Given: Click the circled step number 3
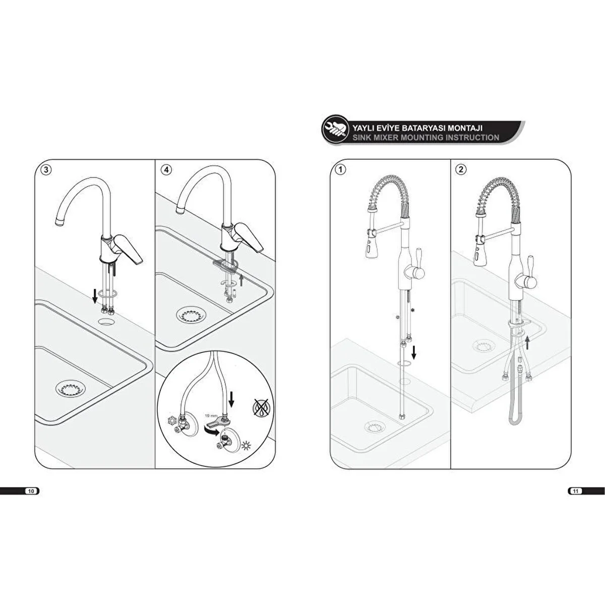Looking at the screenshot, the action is (46, 170).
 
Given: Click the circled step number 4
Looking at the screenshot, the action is (166, 170).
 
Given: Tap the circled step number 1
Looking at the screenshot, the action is (341, 170).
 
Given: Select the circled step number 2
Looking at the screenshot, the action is (461, 170).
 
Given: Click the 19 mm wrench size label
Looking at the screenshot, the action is (211, 415).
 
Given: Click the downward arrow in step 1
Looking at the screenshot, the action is (414, 352).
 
